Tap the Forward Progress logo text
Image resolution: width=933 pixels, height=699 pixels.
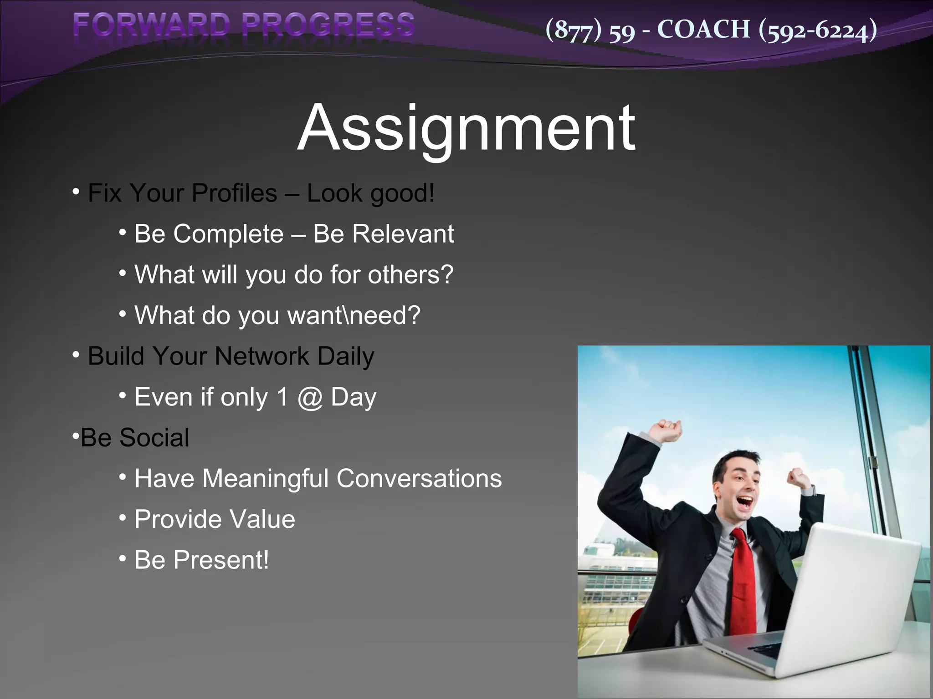244,25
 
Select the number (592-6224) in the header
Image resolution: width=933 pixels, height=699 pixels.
818,30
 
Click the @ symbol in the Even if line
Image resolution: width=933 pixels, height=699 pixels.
310,398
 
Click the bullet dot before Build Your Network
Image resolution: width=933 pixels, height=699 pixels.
76,354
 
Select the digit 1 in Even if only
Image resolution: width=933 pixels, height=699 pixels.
282,397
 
